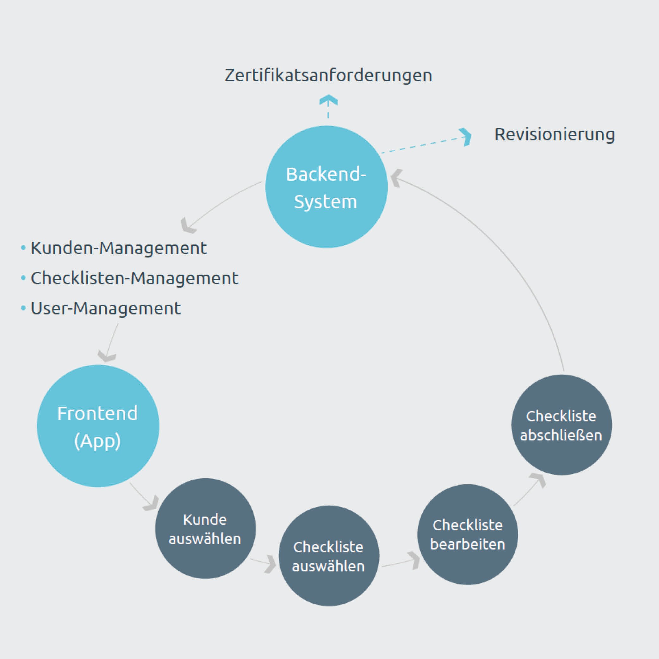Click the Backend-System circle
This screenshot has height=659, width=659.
click(x=326, y=187)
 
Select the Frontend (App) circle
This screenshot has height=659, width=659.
click(x=98, y=426)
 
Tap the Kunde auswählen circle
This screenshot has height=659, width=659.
click(x=205, y=529)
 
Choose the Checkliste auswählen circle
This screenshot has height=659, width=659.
click(x=329, y=556)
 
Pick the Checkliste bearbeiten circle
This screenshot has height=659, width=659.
click(x=468, y=534)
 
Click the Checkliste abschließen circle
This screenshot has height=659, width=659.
click(x=562, y=425)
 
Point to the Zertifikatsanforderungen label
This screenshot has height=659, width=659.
click(x=328, y=75)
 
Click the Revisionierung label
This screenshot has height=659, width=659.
click(x=555, y=134)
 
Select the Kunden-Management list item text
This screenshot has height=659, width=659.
click(x=119, y=248)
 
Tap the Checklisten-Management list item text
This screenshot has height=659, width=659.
click(x=134, y=278)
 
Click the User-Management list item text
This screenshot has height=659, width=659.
click(x=106, y=308)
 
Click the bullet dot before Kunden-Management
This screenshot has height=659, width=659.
click(x=23, y=248)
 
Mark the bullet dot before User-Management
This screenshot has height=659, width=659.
click(x=23, y=308)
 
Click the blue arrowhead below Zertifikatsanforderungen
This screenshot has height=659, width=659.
click(x=328, y=100)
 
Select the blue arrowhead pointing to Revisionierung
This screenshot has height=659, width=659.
click(x=466, y=137)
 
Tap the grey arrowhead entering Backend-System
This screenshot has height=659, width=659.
click(x=396, y=178)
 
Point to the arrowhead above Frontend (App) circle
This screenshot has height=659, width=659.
click(x=107, y=356)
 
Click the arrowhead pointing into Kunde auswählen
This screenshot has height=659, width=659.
click(x=152, y=503)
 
